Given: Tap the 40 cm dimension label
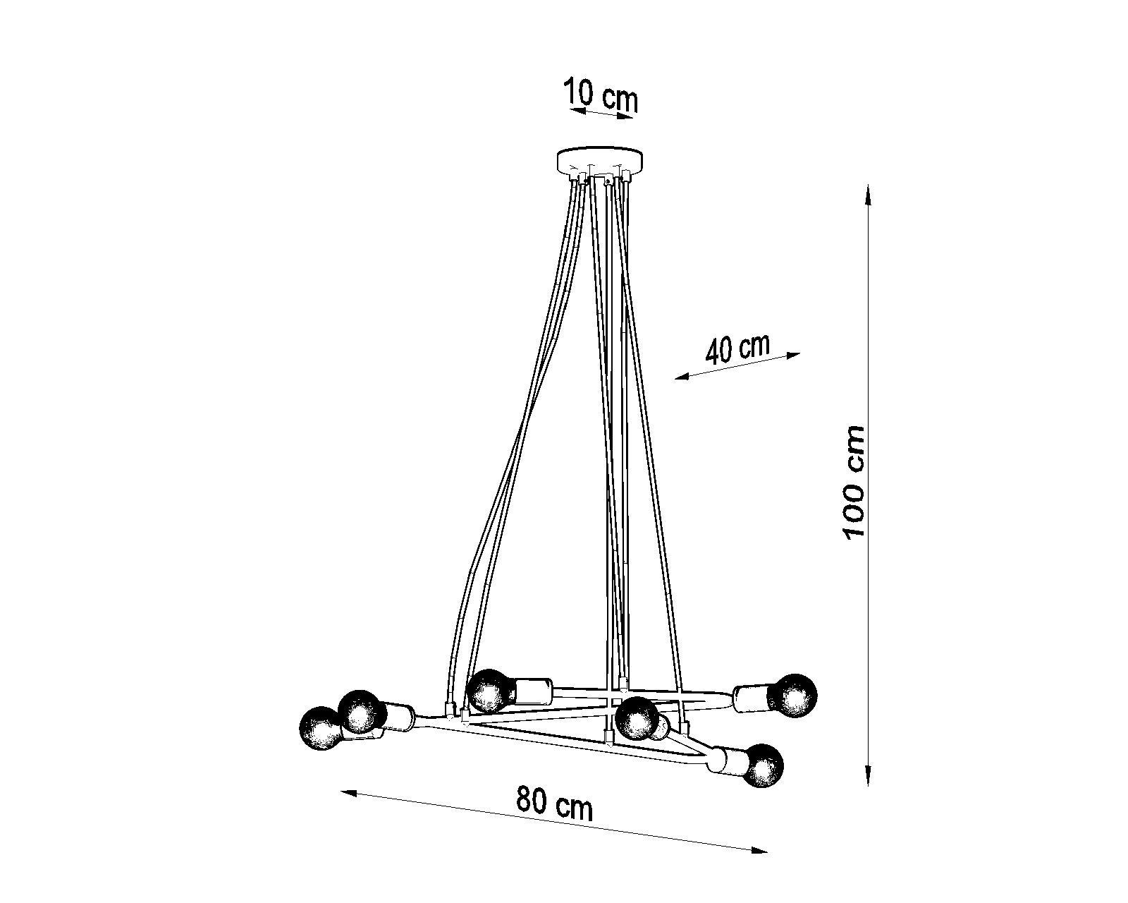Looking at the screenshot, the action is coord(737,349).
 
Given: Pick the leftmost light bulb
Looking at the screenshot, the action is coord(320,728).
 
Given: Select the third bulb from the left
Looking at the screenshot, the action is coord(490,691).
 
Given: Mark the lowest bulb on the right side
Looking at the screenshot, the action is coord(764,765).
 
